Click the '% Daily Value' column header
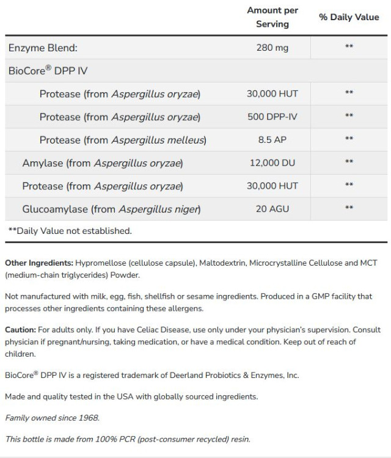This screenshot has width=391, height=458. point(349,18)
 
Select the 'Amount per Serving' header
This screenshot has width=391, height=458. point(272,18)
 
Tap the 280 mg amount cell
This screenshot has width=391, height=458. point(272,48)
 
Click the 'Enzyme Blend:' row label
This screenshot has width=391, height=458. point(43,48)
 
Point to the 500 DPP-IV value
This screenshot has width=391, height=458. point(272,116)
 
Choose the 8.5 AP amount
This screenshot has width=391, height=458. point(272,139)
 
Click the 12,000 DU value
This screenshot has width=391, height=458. point(272,162)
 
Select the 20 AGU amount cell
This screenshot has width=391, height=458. point(272,209)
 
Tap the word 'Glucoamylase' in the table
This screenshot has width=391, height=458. point(55,209)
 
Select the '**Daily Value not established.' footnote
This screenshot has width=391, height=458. point(69,231)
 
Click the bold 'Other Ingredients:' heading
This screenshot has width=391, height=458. point(39,263)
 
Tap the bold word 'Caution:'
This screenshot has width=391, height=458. point(20,330)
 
